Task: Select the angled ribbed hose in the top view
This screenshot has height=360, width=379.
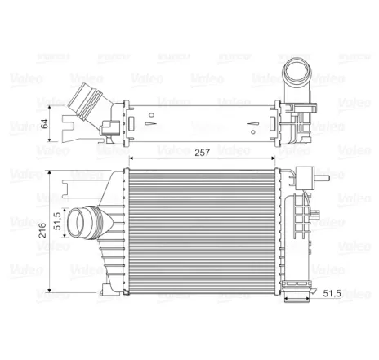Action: click(88, 109)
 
